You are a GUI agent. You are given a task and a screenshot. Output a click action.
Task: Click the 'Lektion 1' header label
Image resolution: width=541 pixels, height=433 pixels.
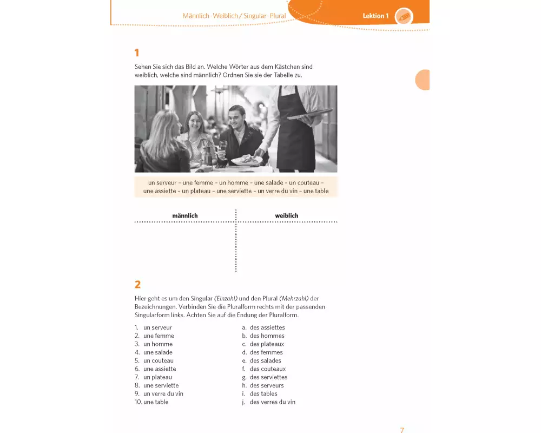(x=375, y=16)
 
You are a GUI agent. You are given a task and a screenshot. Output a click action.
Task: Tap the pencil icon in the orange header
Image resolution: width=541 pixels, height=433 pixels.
(x=404, y=16)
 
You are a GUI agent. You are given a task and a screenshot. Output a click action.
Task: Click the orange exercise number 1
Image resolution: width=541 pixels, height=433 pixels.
(x=137, y=53)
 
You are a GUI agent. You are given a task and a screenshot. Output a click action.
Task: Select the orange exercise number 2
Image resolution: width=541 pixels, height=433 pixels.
(x=137, y=285)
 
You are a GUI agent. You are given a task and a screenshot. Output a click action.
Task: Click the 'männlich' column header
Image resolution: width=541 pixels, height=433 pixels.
(x=185, y=215)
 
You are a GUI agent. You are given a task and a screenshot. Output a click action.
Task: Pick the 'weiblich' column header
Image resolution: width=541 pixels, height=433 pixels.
(x=286, y=215)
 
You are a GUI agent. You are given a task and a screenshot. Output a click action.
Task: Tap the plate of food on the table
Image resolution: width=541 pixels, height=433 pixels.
(x=246, y=160)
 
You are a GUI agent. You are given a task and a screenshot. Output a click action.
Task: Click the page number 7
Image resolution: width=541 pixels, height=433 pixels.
(x=402, y=430)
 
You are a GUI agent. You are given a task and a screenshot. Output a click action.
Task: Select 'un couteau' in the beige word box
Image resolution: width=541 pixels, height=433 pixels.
(x=304, y=182)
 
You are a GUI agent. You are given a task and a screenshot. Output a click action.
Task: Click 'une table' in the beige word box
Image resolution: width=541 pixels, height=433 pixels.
(x=316, y=191)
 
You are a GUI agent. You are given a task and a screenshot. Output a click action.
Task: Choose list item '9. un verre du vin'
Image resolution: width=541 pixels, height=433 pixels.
(x=159, y=393)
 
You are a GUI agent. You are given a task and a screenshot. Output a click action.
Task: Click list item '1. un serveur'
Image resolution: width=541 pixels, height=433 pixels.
(x=153, y=327)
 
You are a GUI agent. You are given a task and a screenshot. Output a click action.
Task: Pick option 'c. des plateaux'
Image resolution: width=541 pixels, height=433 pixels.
(x=263, y=344)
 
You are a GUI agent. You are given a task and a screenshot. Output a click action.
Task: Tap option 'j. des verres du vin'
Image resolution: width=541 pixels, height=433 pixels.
(x=268, y=402)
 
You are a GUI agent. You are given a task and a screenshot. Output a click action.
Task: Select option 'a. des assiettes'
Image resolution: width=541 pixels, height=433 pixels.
(x=263, y=327)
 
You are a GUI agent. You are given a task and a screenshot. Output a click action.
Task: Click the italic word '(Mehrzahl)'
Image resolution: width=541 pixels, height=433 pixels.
(x=294, y=298)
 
